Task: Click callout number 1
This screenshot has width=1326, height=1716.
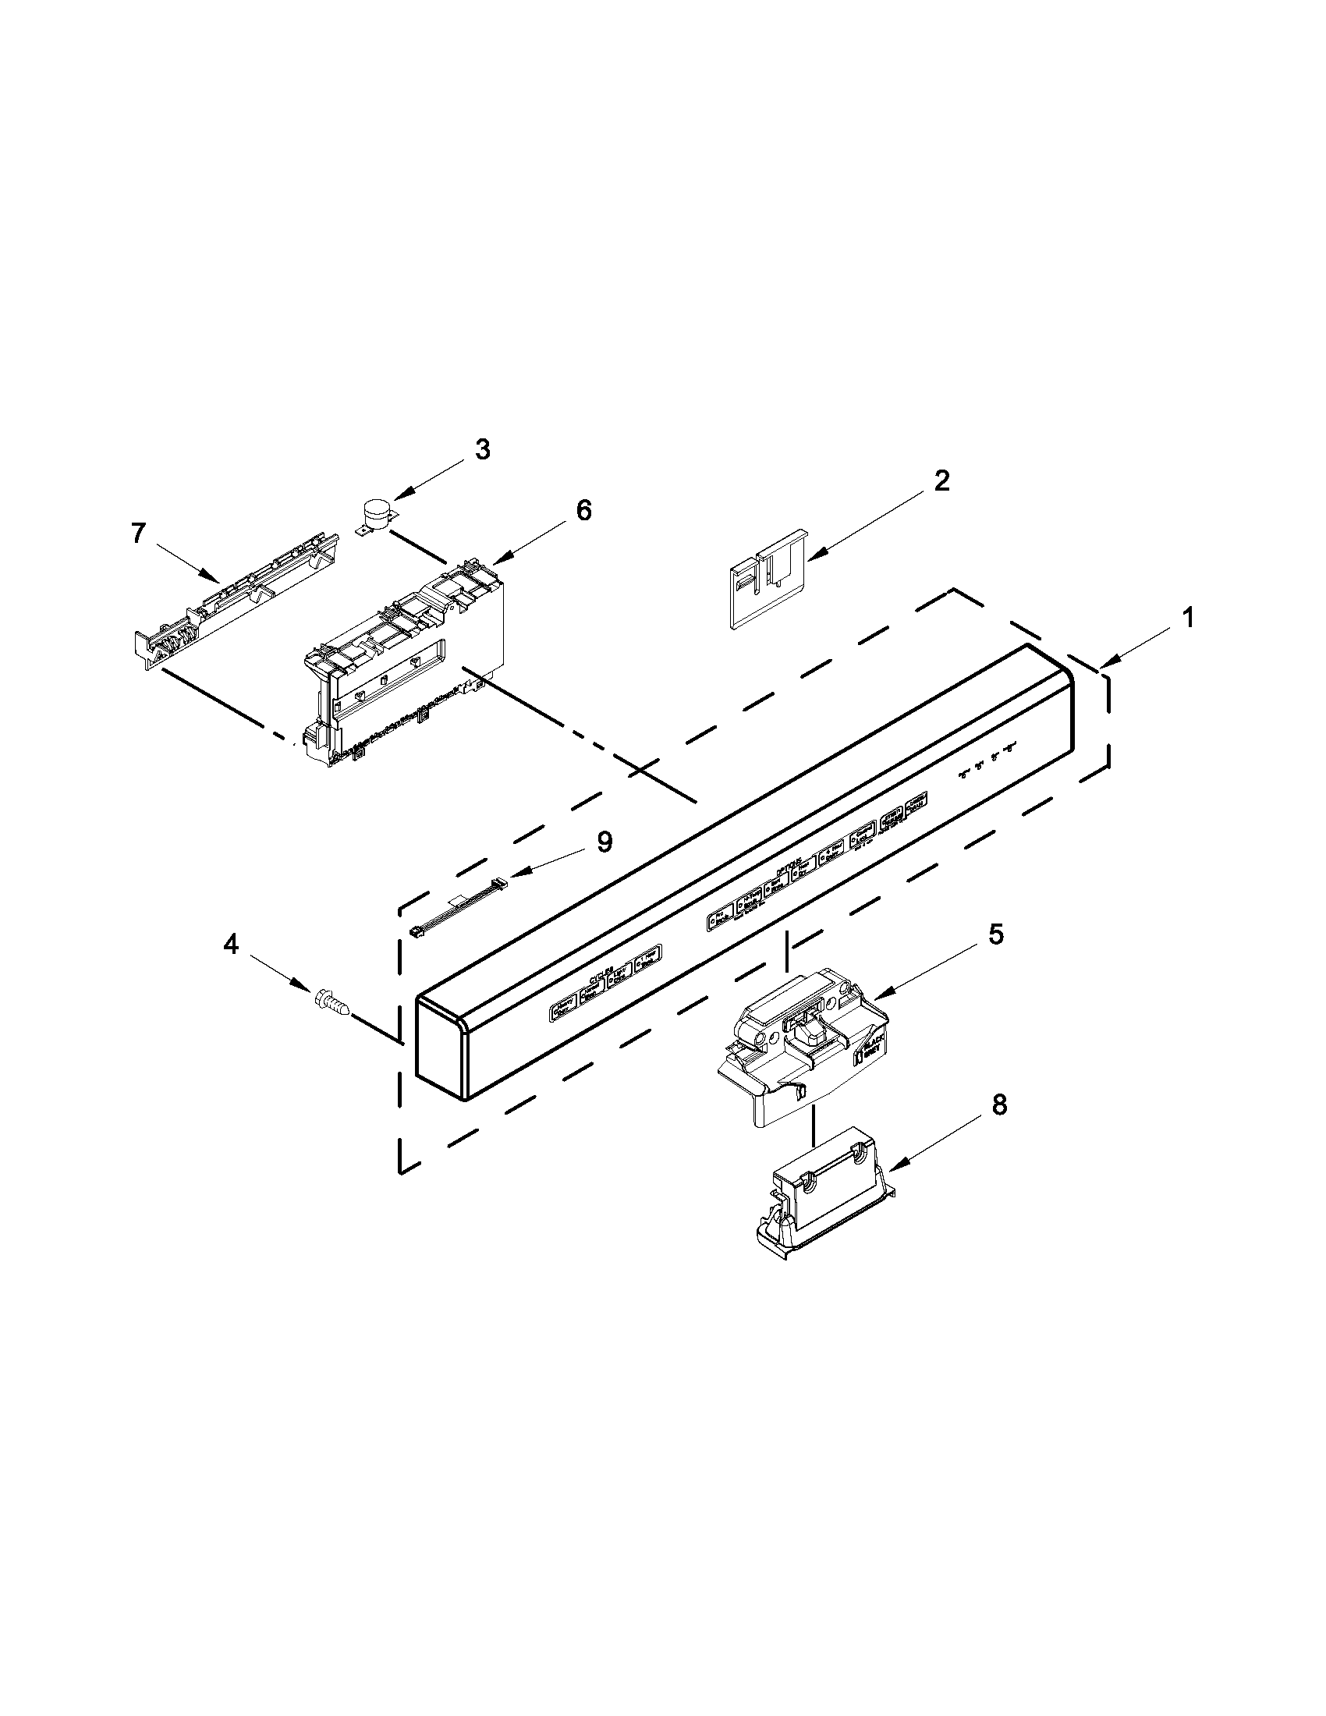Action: (1189, 619)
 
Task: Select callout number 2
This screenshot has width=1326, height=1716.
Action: (941, 480)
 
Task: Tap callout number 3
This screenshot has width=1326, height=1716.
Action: (482, 449)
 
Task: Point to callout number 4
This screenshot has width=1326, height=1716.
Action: (231, 945)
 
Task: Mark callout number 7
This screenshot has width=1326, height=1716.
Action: (138, 534)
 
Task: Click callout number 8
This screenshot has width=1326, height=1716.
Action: (998, 1105)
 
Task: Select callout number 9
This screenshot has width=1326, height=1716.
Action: (603, 842)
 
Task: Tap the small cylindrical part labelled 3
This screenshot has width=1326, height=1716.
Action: (375, 516)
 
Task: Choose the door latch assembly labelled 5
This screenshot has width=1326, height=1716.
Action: (801, 1045)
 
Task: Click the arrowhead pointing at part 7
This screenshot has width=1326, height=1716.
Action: (212, 579)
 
